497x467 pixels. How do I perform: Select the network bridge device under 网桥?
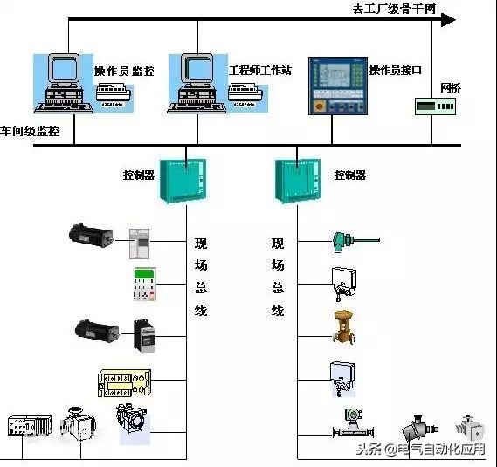434,106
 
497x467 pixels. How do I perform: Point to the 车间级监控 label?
31,131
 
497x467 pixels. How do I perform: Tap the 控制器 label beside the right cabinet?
349,175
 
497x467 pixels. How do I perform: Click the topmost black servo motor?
92,234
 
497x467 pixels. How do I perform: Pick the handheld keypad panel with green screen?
144,285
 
